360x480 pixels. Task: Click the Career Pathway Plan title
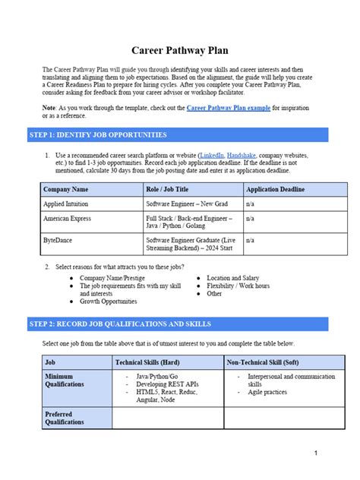coord(180,51)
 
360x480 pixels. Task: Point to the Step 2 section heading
coord(120,324)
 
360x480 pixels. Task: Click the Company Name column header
coord(66,188)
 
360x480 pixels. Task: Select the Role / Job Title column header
coord(166,188)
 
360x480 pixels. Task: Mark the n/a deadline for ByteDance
coord(250,240)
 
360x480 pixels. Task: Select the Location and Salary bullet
coord(232,278)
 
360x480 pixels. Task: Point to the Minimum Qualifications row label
coord(65,381)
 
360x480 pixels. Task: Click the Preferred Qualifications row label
coord(65,417)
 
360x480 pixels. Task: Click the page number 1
coord(314,453)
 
